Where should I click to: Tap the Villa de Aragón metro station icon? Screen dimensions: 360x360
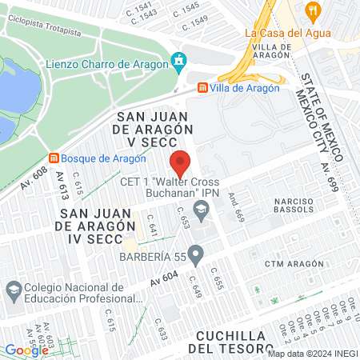[203, 87]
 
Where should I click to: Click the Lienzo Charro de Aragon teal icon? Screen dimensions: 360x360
[178, 61]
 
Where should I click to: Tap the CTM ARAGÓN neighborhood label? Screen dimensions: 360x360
[294, 263]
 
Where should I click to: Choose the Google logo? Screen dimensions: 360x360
[26, 350]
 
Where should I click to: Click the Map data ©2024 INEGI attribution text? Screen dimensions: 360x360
[311, 354]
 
